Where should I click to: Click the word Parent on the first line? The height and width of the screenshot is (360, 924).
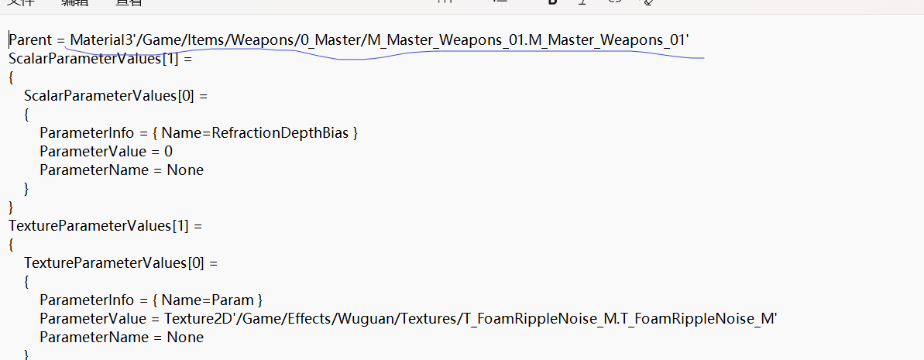[x=29, y=40]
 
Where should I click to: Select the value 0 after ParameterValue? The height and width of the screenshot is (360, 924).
[x=168, y=152]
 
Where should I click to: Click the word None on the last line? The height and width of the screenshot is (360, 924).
[x=185, y=338]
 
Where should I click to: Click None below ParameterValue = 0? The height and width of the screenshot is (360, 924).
[x=185, y=170]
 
